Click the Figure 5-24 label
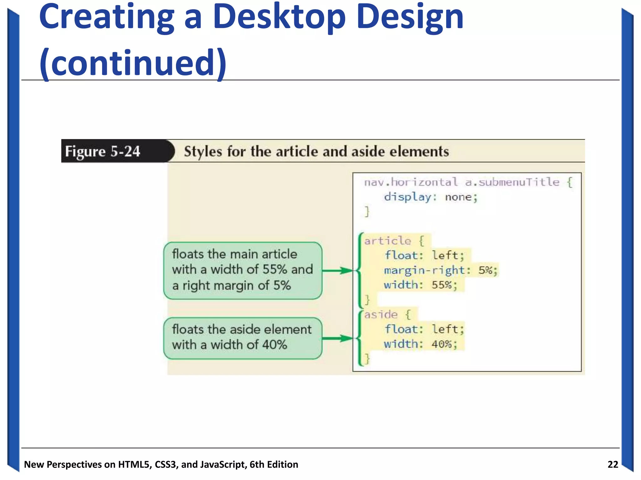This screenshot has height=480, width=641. click(x=103, y=152)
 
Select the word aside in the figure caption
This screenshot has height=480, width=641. click(x=368, y=152)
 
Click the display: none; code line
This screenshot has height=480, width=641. click(x=431, y=197)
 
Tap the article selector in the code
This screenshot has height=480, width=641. click(x=387, y=241)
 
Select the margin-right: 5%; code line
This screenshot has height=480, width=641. click(x=441, y=270)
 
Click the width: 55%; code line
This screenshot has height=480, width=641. click(x=421, y=285)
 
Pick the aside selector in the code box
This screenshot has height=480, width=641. click(x=381, y=314)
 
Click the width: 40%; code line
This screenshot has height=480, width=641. click(x=421, y=344)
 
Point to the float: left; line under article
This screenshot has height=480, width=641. click(x=424, y=255)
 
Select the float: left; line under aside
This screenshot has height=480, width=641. click(x=424, y=329)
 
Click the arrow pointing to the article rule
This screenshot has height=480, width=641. click(x=337, y=271)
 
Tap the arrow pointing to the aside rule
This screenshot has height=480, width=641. click(x=337, y=338)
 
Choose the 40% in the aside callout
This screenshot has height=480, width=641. click(x=274, y=345)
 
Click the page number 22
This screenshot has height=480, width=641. click(x=613, y=464)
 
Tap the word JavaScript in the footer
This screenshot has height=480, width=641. click(x=223, y=465)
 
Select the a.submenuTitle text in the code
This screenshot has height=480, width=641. click(x=512, y=182)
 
